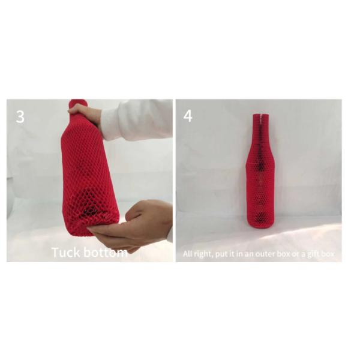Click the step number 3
[20, 116]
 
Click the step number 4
[188, 116]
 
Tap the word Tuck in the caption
[65, 252]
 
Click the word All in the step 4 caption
[188, 254]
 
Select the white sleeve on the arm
[138, 120]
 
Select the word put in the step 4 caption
[223, 254]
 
